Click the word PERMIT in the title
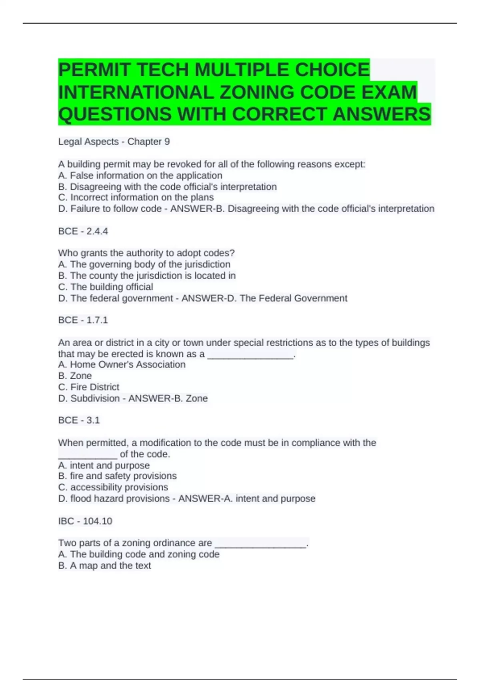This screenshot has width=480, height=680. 94,70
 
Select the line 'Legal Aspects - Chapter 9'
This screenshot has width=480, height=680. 114,142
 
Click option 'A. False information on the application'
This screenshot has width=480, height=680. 140,176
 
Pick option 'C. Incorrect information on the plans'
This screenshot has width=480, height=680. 136,198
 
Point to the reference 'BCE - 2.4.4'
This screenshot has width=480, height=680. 83,231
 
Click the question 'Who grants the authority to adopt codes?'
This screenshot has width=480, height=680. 146,253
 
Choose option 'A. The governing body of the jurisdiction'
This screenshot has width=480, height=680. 144,264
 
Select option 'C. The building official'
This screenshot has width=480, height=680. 106,287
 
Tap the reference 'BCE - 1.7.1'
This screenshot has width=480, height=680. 83,320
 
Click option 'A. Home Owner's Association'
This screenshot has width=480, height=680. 122,364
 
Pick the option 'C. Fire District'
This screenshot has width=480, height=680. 88,387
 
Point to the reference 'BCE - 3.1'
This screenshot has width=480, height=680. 79,420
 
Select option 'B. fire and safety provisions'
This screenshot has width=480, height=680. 117,476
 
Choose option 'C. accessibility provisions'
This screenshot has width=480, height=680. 113,487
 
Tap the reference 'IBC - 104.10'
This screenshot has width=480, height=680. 85,521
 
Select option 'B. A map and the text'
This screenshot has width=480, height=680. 104,566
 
